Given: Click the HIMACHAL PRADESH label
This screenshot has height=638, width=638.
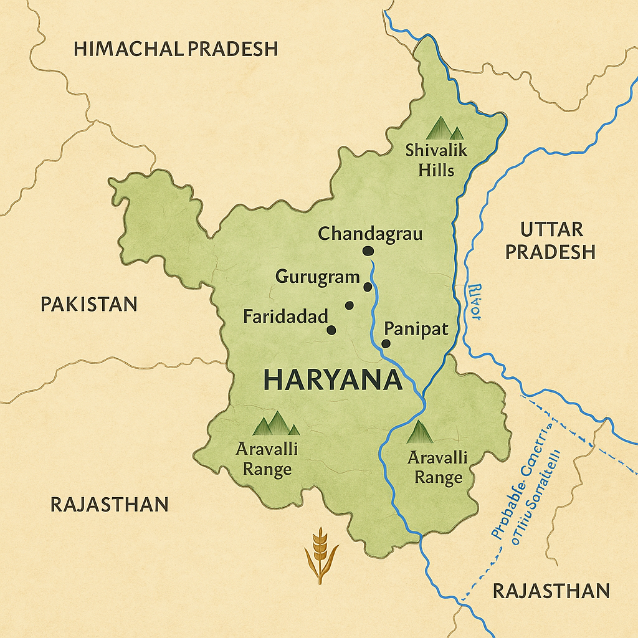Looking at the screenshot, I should tap(176, 49).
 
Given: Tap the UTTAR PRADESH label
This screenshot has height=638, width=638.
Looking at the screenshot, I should tap(550, 240).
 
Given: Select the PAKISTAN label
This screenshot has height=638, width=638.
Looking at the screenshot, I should tap(88, 304).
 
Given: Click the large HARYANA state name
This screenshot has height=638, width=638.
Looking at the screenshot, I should tap(332, 379).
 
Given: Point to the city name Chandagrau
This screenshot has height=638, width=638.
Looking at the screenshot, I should tap(370, 234).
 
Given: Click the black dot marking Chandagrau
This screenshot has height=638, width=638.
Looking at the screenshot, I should tap(368, 250).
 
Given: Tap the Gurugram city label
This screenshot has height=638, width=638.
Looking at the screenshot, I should tap(317, 277).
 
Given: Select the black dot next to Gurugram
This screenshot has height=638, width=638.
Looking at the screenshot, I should tap(368, 287).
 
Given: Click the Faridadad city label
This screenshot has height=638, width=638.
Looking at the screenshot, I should tap(285, 317).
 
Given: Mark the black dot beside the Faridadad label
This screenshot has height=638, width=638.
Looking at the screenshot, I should tap(331, 330).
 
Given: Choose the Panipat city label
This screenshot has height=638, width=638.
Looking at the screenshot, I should tap(416, 328).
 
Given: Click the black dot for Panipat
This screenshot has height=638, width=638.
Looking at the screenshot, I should tap(386, 343).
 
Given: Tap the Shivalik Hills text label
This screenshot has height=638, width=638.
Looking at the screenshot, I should tap(436, 159).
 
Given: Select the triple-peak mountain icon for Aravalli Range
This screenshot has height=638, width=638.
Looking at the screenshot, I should tap(275, 423).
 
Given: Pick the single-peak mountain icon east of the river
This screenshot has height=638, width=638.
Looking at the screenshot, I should tap(419, 432).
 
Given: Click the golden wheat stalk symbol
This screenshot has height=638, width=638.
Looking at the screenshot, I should tap(320, 555).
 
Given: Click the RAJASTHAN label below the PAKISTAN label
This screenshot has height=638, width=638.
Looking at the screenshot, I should tap(109, 504).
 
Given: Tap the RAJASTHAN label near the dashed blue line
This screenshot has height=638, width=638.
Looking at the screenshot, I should tap(551, 590).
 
